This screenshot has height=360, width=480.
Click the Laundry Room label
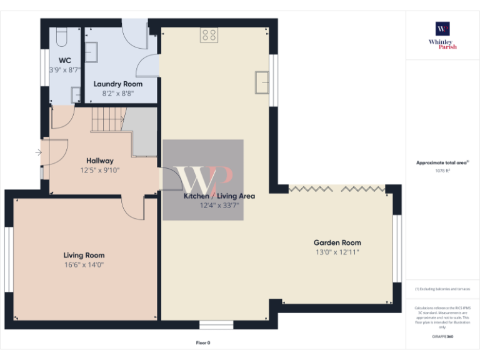(x=118, y=84)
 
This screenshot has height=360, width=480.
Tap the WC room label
(x=64, y=61)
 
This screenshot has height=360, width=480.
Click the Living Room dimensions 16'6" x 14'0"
(x=84, y=264)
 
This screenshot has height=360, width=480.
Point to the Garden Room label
(x=337, y=242)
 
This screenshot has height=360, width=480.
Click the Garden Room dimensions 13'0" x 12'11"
(x=337, y=252)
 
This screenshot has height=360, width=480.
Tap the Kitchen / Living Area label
(x=210, y=196)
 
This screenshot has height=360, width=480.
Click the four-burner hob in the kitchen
(x=209, y=36)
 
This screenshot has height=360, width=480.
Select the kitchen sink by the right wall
(x=262, y=82)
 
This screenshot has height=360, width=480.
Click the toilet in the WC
(x=59, y=38)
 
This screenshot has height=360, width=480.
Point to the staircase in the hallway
(x=109, y=120)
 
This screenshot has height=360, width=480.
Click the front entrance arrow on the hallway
(x=39, y=152)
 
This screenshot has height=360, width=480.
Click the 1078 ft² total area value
(x=442, y=170)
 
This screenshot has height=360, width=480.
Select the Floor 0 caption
(x=203, y=342)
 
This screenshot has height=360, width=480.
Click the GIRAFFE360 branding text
(x=442, y=336)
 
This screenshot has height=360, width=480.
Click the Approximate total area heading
(x=442, y=162)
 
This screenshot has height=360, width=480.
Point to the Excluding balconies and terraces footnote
(x=442, y=289)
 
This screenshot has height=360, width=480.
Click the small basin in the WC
(x=75, y=94)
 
